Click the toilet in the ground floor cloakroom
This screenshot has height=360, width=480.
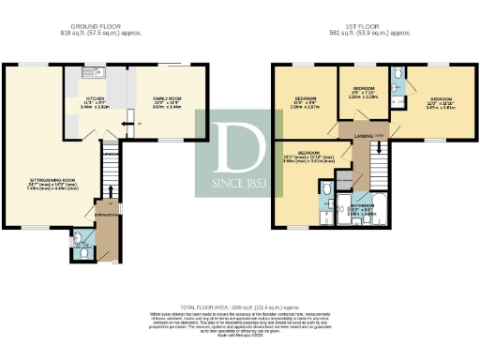pos(79,247)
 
